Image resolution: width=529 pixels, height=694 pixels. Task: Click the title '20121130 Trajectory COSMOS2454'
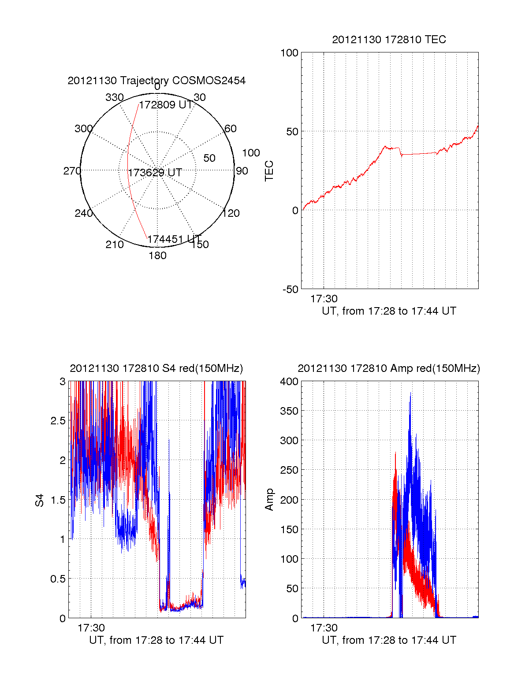click(x=156, y=81)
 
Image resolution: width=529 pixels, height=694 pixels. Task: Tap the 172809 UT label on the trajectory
click(x=166, y=105)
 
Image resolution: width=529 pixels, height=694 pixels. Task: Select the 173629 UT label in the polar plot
click(x=155, y=173)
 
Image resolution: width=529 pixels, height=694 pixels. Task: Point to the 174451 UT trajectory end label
click(x=174, y=239)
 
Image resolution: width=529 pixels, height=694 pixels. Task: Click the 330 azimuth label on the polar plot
click(x=115, y=97)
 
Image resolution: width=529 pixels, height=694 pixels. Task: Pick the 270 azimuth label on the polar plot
click(x=72, y=171)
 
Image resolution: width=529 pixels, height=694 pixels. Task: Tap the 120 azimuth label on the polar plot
click(x=231, y=213)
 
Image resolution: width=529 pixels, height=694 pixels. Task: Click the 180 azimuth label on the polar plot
click(x=157, y=256)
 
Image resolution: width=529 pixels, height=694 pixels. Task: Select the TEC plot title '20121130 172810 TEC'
click(x=389, y=40)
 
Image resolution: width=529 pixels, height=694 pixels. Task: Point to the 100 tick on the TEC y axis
click(x=290, y=53)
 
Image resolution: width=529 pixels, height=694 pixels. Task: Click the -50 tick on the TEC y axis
click(x=291, y=289)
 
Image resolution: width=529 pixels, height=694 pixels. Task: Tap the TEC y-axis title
click(x=269, y=171)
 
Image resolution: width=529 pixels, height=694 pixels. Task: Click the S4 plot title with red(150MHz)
click(x=156, y=368)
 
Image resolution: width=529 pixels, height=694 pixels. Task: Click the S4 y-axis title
click(x=40, y=500)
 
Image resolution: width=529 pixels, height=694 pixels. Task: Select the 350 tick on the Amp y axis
click(x=289, y=411)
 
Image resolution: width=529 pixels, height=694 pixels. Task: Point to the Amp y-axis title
click(x=269, y=499)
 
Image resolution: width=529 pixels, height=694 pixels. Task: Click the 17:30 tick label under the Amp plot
click(x=324, y=628)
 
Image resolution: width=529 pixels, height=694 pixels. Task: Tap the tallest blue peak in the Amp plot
click(x=410, y=393)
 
